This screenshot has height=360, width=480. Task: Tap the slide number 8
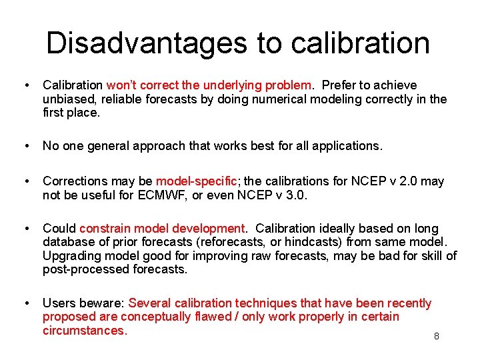437,336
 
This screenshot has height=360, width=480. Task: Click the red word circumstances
83,331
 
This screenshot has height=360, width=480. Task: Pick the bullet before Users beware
25,303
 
